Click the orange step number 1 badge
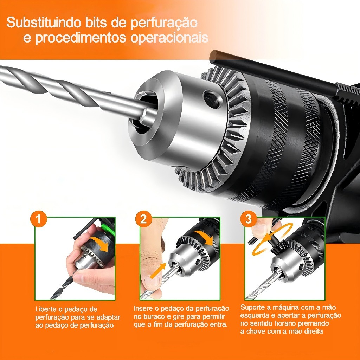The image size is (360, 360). [39, 219]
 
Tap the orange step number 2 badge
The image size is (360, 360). [143, 219]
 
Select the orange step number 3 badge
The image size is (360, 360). [249, 219]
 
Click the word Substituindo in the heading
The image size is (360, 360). [44, 22]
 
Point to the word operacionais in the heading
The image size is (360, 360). [169, 37]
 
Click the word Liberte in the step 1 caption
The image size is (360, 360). [45, 309]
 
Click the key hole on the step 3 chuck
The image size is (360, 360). [301, 267]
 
